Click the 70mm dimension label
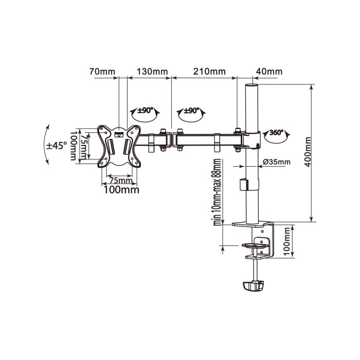(x=101, y=71)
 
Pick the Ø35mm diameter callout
(x=276, y=162)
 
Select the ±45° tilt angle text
(x=57, y=146)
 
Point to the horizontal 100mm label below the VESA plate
(x=121, y=190)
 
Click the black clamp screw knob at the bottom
(x=254, y=285)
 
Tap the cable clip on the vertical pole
(x=242, y=184)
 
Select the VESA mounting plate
(x=119, y=146)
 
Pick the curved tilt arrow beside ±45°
(x=48, y=144)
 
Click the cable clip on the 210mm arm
(x=217, y=142)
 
